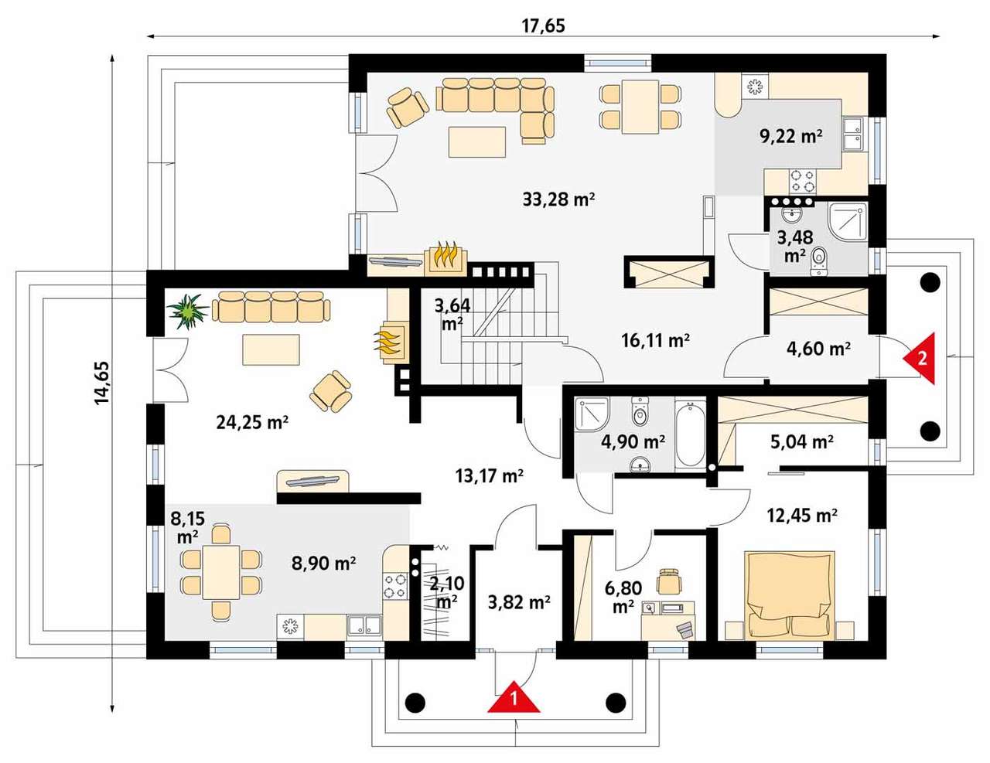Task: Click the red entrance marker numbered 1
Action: click(514, 697)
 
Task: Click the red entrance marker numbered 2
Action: click(920, 358)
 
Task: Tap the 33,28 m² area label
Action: click(558, 199)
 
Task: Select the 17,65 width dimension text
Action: click(543, 26)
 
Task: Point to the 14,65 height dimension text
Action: click(102, 383)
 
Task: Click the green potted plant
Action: click(187, 312)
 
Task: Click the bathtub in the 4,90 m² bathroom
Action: click(690, 434)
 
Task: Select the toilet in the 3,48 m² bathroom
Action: click(819, 262)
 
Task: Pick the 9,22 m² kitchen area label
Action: click(791, 136)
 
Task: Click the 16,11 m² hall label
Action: click(656, 340)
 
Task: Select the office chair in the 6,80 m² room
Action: click(669, 581)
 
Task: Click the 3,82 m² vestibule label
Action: click(519, 602)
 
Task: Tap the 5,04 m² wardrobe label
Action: click(802, 441)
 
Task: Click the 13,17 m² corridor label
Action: click(490, 476)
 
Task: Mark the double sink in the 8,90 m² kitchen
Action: click(364, 626)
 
